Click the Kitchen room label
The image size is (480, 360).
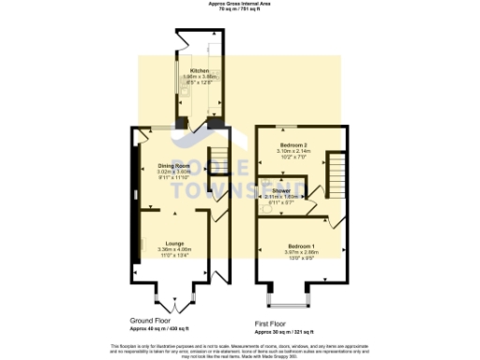pyautogui.click(x=199, y=70)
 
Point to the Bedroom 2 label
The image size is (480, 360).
pyautogui.click(x=293, y=147)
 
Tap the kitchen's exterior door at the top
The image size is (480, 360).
pyautogui.click(x=181, y=37)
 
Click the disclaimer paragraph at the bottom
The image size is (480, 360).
pyautogui.click(x=239, y=349)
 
